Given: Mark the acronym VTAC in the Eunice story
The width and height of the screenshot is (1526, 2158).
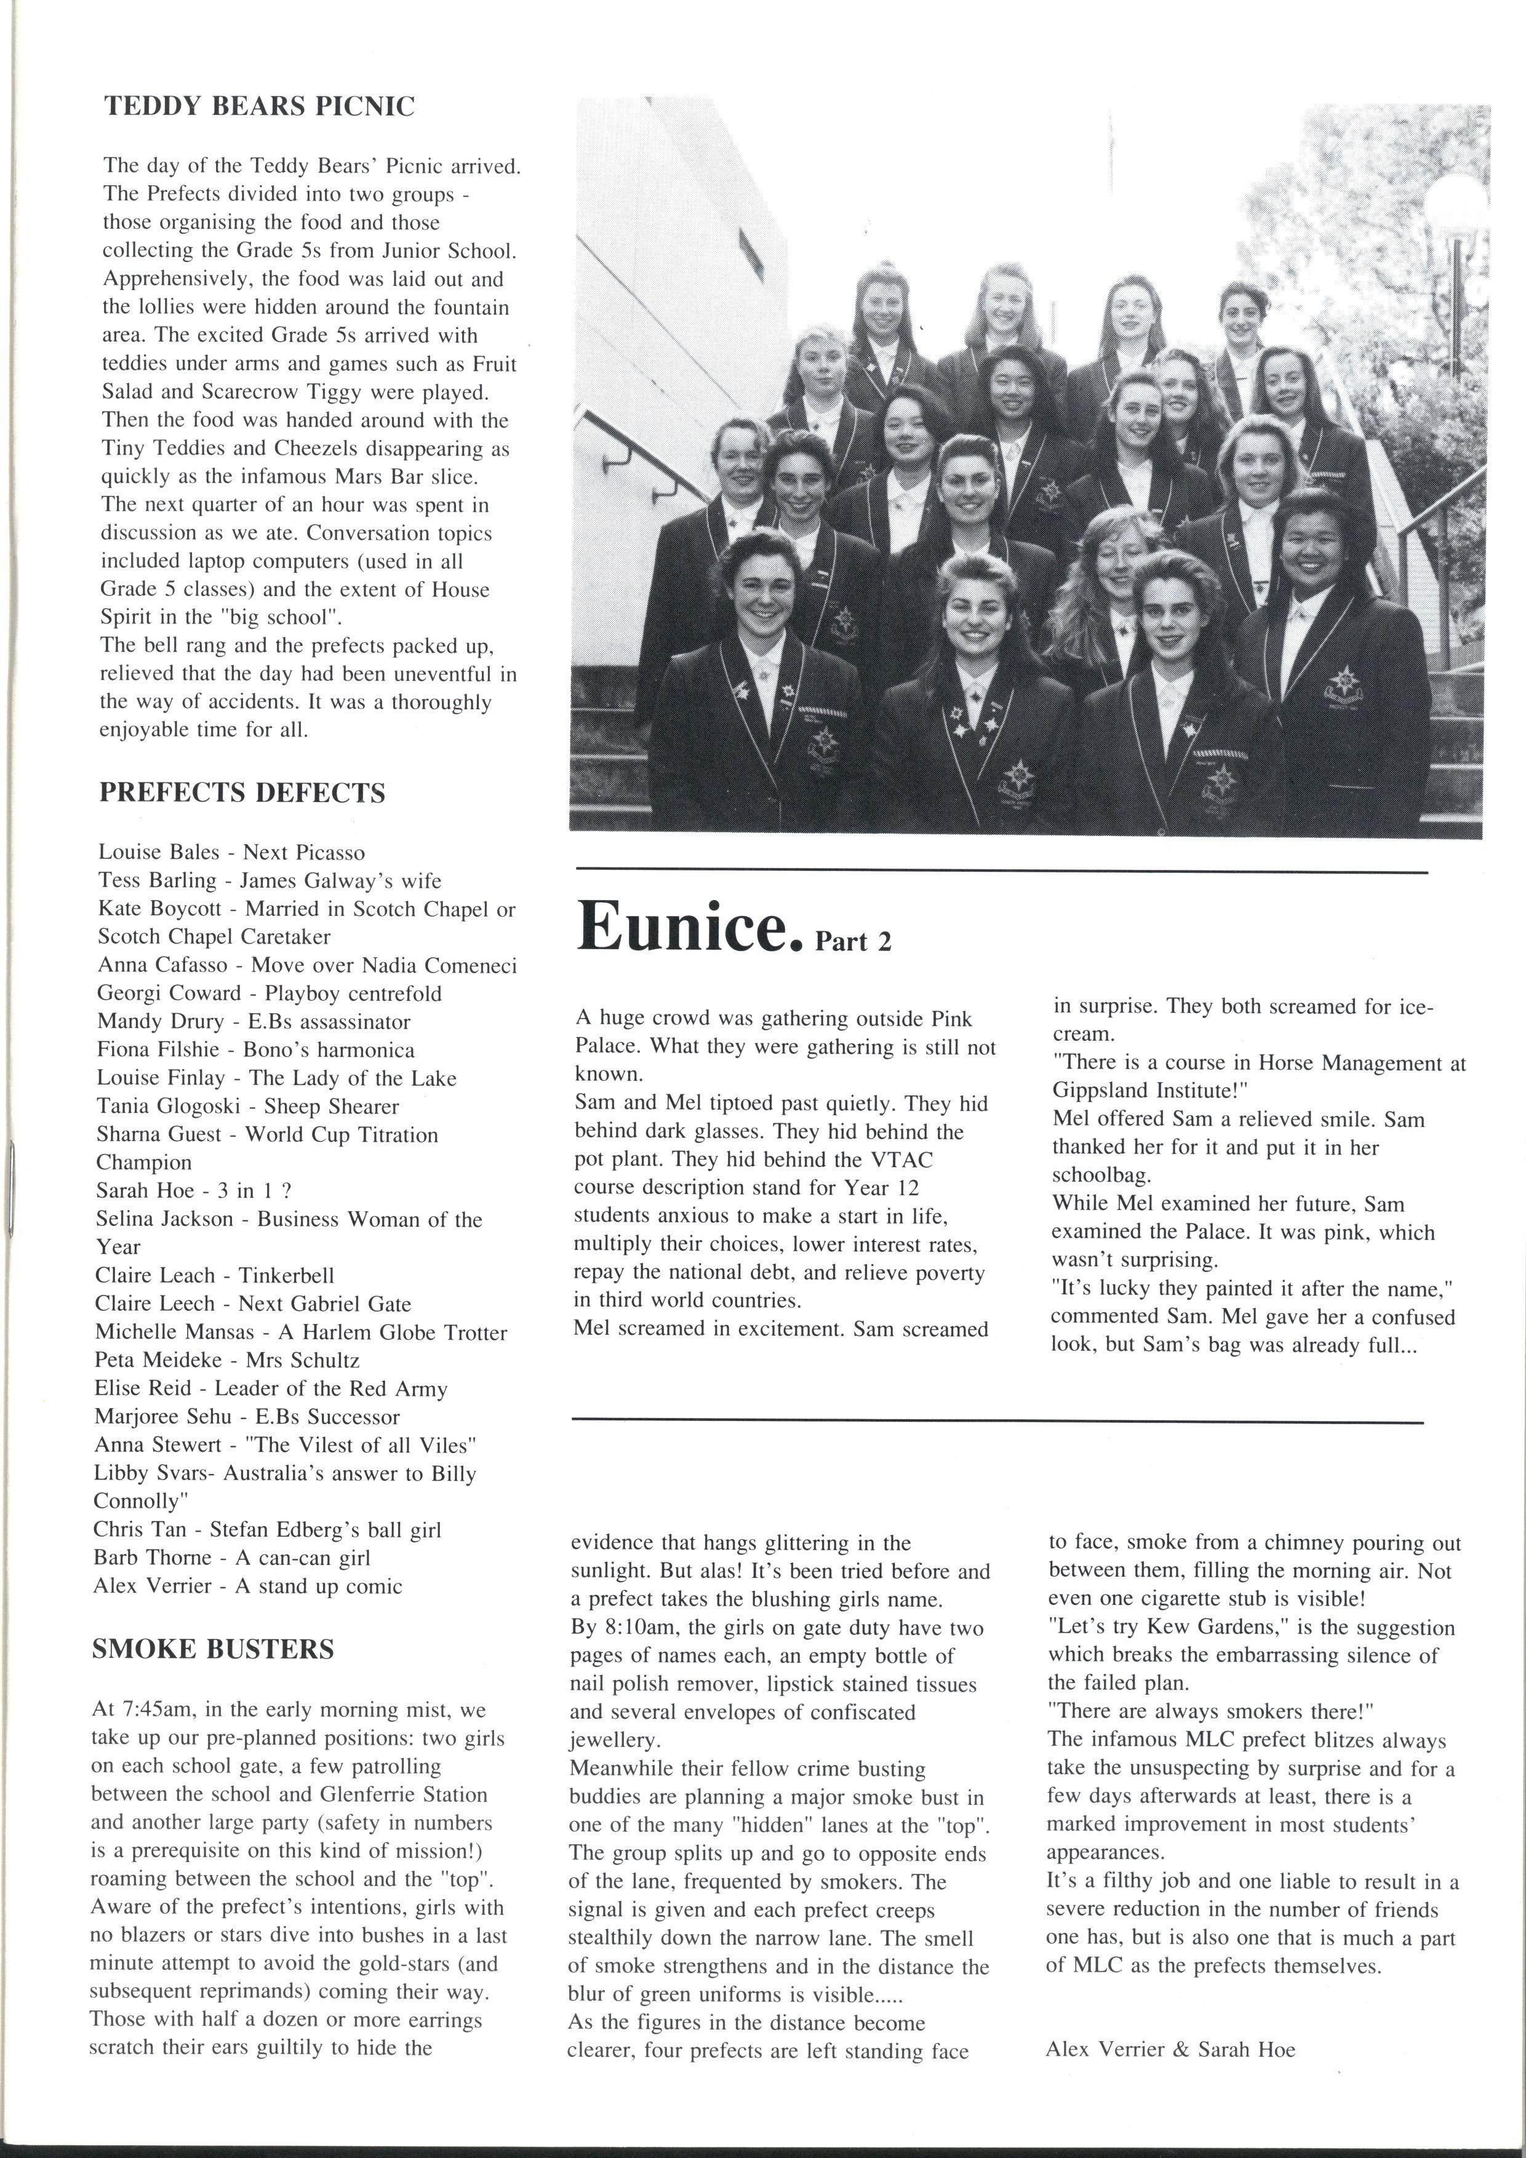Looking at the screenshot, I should pyautogui.click(x=900, y=1160).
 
